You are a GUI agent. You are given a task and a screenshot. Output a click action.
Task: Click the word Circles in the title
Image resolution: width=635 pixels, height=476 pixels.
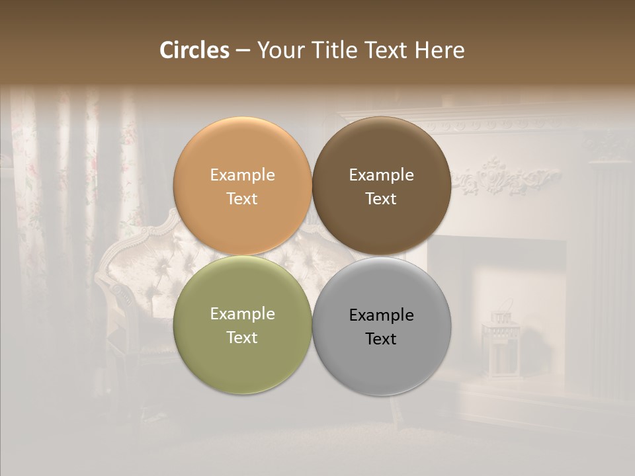coord(194,50)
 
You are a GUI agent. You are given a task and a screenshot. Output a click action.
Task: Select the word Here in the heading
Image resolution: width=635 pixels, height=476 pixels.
coord(439,50)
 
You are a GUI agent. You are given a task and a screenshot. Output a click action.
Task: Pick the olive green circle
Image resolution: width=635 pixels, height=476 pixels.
coord(242,360)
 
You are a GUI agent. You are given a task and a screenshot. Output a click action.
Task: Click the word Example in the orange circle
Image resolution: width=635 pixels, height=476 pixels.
coord(242,175)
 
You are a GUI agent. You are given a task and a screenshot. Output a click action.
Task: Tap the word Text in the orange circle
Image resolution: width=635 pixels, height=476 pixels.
coord(242,199)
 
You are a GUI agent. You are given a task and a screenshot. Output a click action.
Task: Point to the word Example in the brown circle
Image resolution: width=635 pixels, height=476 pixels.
coord(381,175)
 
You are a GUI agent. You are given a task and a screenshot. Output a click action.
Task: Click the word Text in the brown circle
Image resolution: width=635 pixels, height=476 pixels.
coord(381,199)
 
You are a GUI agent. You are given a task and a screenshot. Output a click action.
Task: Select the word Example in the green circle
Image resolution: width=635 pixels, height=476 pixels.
coord(242,314)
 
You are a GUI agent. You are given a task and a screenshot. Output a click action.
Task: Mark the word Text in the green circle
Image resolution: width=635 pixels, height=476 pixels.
coord(242,338)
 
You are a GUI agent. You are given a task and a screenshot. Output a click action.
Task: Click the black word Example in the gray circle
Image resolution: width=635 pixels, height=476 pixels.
coord(381,315)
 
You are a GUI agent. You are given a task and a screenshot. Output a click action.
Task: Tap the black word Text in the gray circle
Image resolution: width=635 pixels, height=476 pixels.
coord(381,339)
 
